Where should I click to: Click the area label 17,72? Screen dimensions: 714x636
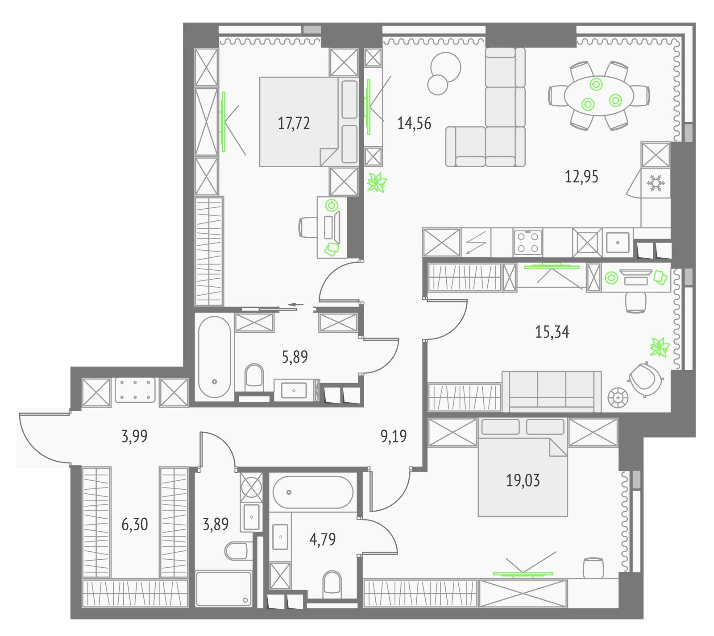click(x=294, y=123)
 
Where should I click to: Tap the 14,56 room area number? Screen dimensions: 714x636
click(x=414, y=123)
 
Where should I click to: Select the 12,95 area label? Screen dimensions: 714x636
click(x=581, y=177)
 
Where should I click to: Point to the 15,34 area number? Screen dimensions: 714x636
click(x=552, y=332)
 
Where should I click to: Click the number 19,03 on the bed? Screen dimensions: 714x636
click(x=523, y=480)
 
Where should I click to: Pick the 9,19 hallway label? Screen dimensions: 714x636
click(x=394, y=436)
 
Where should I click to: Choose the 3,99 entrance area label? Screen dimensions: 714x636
click(x=134, y=436)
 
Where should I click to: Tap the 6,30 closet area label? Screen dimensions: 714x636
click(x=134, y=524)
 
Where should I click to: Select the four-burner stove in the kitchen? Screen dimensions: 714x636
click(x=528, y=242)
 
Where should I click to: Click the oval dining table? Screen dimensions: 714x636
click(x=598, y=96)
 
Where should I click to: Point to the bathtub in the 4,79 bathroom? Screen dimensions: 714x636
click(x=313, y=492)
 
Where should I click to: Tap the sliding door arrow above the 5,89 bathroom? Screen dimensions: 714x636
click(x=296, y=305)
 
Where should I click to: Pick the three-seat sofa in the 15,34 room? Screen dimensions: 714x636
click(x=552, y=391)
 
